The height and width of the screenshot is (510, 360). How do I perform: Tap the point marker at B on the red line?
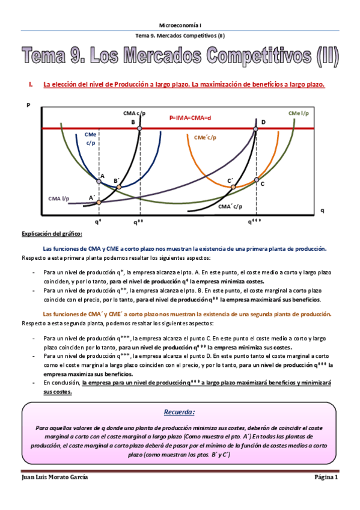(140, 129)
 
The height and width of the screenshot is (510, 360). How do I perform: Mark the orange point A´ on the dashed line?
(99, 202)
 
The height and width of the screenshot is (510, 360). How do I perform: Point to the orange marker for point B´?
(118, 187)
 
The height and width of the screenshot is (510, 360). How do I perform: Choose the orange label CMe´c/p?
(206, 137)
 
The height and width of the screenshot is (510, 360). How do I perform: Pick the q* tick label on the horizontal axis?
(98, 221)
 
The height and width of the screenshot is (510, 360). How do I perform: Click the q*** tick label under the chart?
(255, 221)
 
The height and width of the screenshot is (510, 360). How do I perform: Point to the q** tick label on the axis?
(139, 221)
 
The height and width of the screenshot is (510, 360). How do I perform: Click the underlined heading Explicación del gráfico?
(52, 233)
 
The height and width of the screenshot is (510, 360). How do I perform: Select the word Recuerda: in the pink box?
(180, 413)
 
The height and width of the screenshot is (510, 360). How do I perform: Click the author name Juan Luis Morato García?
(55, 477)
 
